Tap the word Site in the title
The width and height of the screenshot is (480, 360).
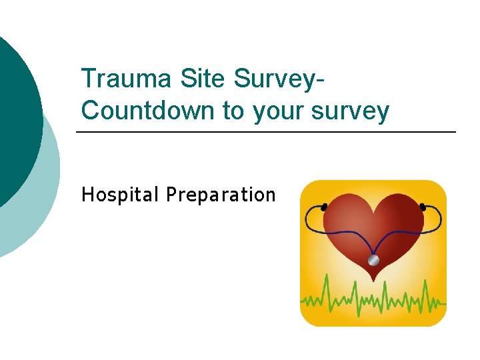204,79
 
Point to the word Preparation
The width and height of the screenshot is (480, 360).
221,195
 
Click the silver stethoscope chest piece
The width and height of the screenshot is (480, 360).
374,259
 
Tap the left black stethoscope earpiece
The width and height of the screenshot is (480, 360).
324,207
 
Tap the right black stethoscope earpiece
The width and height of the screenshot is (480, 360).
423,206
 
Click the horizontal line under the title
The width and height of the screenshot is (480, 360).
267,132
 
